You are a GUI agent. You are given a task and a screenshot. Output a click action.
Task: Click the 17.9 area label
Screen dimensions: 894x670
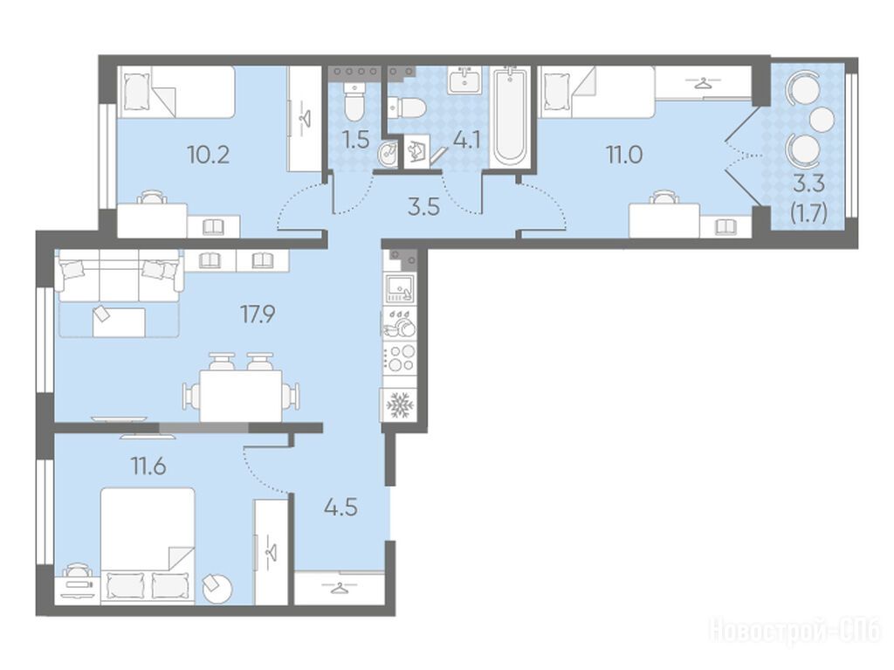click(258, 314)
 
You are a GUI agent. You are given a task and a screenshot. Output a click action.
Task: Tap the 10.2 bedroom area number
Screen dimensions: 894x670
click(208, 155)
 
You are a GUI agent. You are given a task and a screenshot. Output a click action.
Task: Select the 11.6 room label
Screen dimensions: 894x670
click(148, 466)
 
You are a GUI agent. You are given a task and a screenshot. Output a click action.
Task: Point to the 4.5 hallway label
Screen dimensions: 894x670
click(340, 507)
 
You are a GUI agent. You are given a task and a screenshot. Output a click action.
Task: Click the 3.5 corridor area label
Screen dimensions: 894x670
click(423, 207)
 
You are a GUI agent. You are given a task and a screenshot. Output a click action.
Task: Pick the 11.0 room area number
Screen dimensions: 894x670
click(624, 155)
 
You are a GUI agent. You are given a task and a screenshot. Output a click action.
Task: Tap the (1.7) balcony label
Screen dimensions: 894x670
click(808, 213)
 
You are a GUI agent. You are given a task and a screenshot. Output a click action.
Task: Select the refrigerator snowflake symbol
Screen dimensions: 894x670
click(400, 405)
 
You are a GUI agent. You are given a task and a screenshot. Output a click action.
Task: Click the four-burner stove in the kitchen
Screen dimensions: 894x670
click(400, 358)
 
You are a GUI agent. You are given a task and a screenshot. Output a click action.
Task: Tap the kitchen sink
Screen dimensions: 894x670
click(400, 287)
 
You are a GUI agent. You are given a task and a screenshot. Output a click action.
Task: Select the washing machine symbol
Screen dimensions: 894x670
click(418, 150)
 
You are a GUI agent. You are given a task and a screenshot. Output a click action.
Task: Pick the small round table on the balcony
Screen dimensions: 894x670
click(822, 119)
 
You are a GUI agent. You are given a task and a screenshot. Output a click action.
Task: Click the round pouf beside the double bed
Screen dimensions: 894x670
click(217, 588)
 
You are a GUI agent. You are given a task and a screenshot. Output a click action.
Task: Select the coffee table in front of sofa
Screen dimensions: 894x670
click(119, 321)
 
